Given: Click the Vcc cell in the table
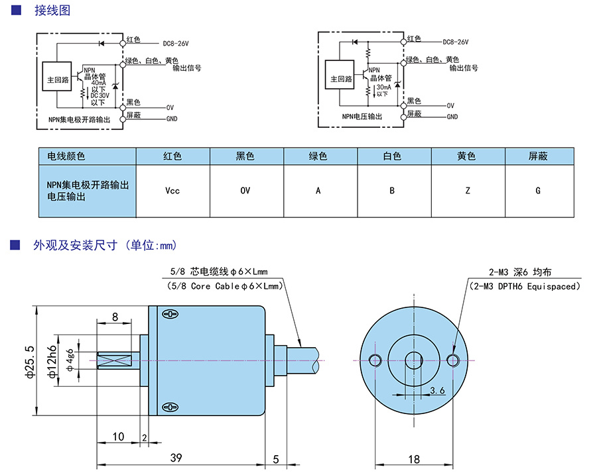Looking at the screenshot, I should coord(172,191).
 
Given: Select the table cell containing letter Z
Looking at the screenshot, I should coord(468,191).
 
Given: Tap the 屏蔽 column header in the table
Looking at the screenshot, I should coord(538,156).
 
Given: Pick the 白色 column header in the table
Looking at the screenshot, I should coord(393,156).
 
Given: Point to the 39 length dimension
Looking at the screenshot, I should coord(176,457).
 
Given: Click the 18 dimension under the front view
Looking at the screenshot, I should coord(414,458).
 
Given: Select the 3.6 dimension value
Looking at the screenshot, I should coord(438,391).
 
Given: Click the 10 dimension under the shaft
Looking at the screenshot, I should coord(118,437).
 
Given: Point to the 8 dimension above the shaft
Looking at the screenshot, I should coord(115,317).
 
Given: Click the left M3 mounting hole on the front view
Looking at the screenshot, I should coord(375,360).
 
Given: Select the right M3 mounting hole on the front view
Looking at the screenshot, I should coord(454,360).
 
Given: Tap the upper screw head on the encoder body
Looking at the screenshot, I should coord(171,313).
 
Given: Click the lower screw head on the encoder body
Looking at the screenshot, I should coord(171,407).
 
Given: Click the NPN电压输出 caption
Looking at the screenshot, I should coord(362,116).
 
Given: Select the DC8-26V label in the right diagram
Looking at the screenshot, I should coord(455,42).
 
